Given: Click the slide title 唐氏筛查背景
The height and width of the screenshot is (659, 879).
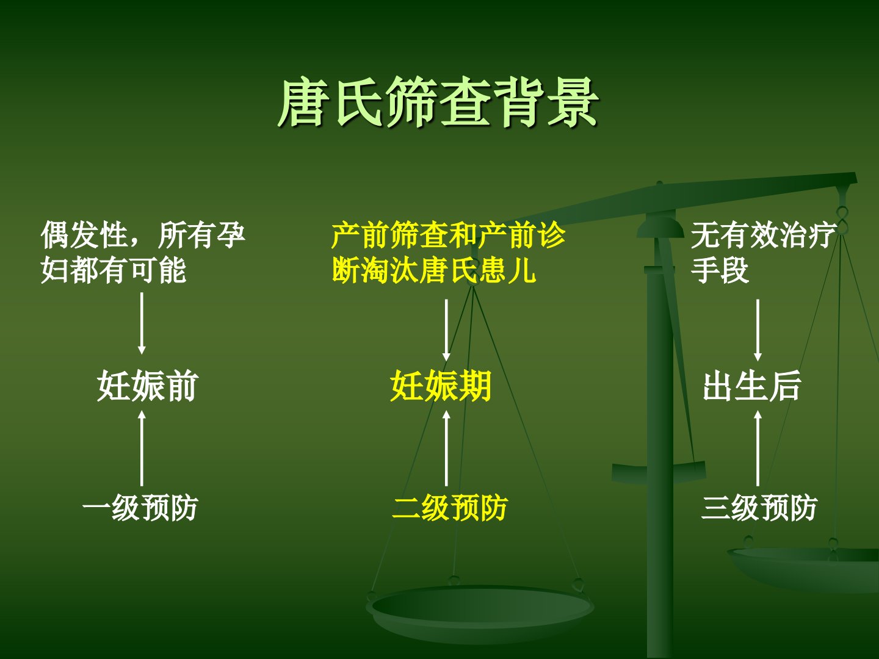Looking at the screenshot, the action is click(x=438, y=103).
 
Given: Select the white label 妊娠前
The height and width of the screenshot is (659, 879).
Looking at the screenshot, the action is click(x=148, y=385).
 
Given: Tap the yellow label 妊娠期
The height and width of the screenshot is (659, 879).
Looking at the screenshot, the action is click(x=441, y=385).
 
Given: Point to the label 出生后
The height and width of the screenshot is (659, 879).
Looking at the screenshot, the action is click(x=752, y=385).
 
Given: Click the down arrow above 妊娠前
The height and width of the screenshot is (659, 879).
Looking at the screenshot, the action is click(x=142, y=323).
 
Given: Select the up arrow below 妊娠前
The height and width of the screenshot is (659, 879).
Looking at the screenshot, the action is click(x=142, y=448).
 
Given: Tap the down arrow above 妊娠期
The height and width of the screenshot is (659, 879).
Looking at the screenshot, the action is click(x=446, y=330).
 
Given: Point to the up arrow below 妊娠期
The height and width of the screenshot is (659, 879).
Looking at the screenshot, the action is click(x=446, y=448).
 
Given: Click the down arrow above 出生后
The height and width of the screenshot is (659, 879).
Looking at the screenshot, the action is click(x=758, y=330).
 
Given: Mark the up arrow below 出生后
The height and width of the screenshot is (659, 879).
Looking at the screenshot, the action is click(x=758, y=448).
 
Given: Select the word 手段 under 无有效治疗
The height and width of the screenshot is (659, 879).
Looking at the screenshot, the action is click(x=720, y=270).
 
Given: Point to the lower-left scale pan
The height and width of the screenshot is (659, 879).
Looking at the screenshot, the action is click(x=480, y=612).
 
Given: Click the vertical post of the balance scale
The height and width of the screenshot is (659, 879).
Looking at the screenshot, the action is click(x=660, y=440).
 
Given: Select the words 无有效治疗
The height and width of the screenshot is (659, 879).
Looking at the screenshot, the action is click(x=764, y=235).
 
